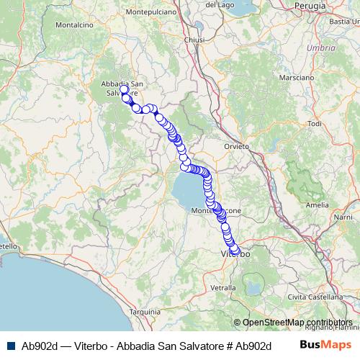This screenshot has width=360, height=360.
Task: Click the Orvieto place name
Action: click(237, 146)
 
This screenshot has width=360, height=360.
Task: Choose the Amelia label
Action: click(317, 205)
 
